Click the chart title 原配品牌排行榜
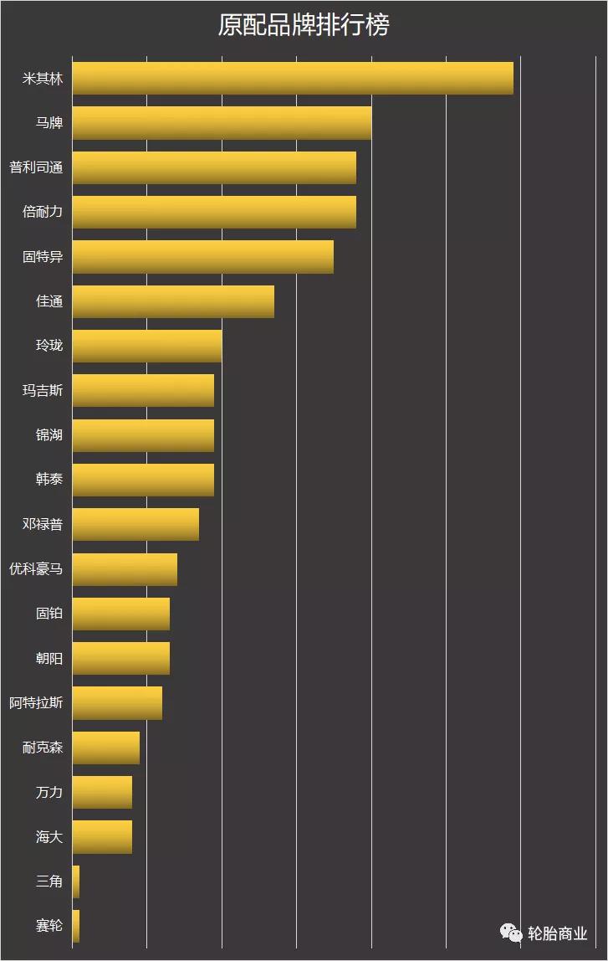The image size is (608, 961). [304, 25]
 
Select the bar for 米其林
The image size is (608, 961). [293, 79]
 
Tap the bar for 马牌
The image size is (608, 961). [222, 123]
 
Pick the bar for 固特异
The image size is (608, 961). [202, 257]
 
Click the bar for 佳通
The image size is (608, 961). [173, 301]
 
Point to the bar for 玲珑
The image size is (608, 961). [147, 346]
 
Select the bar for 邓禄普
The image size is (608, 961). [135, 524]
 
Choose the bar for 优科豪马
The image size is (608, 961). [125, 569]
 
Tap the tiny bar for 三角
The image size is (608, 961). [76, 881]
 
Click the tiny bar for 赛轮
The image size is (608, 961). [76, 926]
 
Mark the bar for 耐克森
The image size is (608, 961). [106, 748]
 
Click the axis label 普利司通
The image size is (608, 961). [36, 167]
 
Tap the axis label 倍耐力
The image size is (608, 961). [43, 213]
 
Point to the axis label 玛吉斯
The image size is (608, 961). [43, 391]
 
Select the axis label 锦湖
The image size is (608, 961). [49, 435]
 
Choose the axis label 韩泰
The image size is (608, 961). [49, 480]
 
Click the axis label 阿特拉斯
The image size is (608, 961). [36, 703]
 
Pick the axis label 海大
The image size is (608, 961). [49, 837]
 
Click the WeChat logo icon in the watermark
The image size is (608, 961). [511, 933]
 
